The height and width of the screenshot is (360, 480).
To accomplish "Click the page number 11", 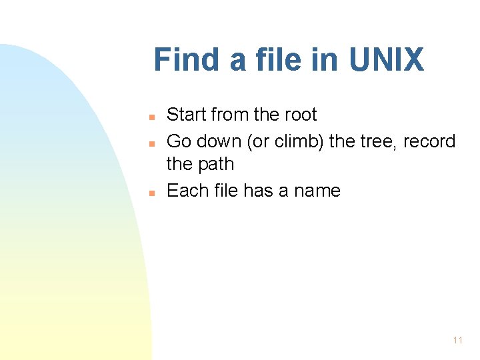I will [x=457, y=340].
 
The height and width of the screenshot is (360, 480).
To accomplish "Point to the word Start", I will [x=187, y=115].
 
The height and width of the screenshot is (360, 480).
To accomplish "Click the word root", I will [x=301, y=115].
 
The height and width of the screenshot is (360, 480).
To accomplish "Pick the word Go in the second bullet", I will [x=179, y=141].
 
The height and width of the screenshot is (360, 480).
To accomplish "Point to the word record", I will [x=429, y=141].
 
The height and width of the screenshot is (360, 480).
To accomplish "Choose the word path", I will [x=216, y=164].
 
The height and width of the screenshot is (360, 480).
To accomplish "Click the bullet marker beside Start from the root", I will [x=152, y=117].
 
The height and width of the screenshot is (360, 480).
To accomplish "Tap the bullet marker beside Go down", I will [x=152, y=143].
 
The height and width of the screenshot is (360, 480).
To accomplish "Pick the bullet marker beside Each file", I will [x=152, y=193].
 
